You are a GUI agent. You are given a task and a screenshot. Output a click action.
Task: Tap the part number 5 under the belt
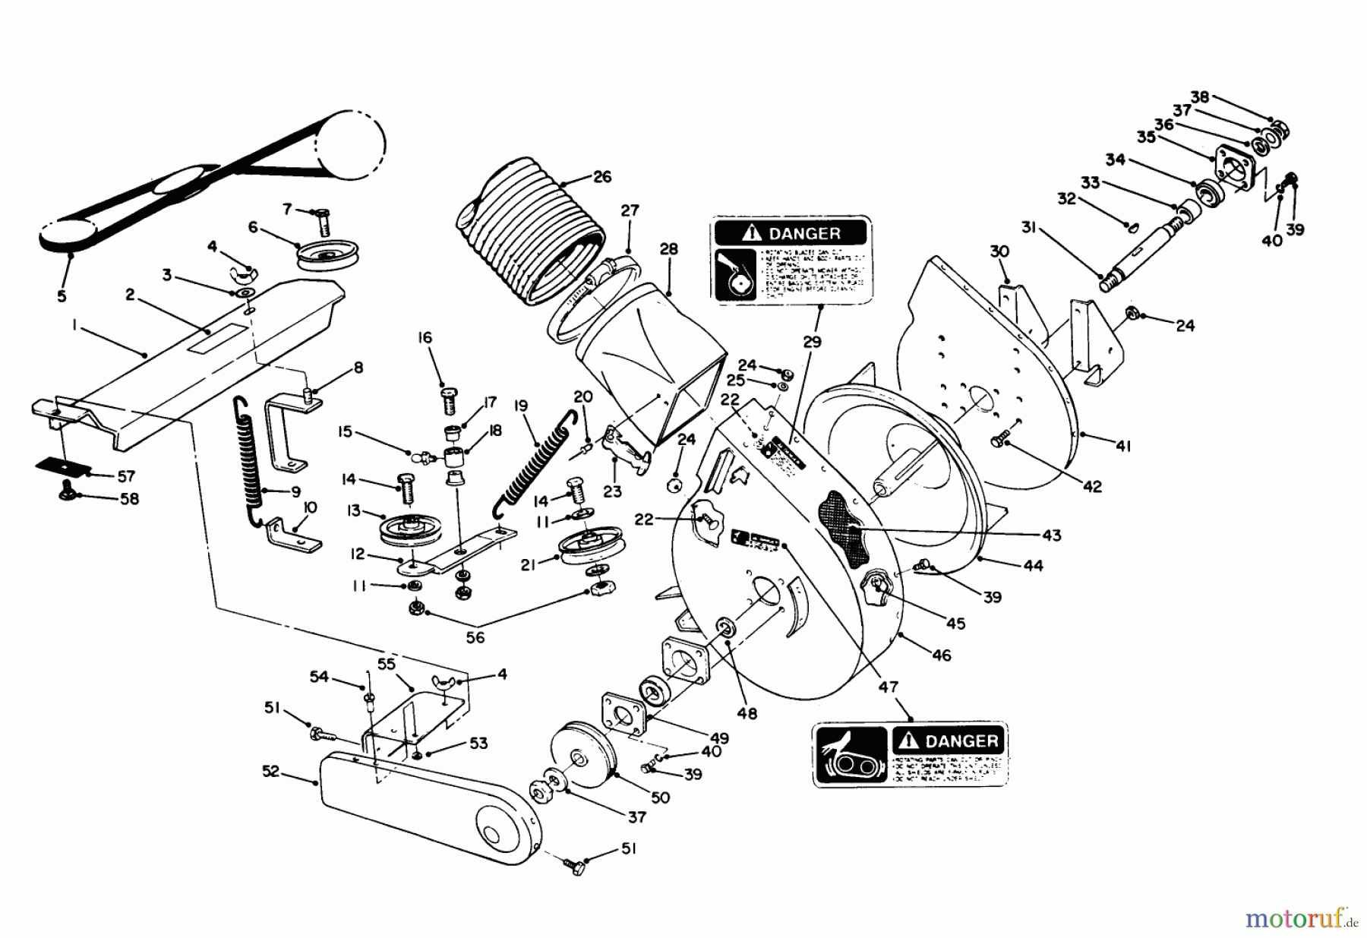[x=62, y=296]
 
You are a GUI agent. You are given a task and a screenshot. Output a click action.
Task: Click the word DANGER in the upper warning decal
[x=804, y=233]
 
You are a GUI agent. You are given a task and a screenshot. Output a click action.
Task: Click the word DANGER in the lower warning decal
[x=961, y=741]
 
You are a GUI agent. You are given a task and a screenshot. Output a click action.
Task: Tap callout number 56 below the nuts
[x=475, y=638]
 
